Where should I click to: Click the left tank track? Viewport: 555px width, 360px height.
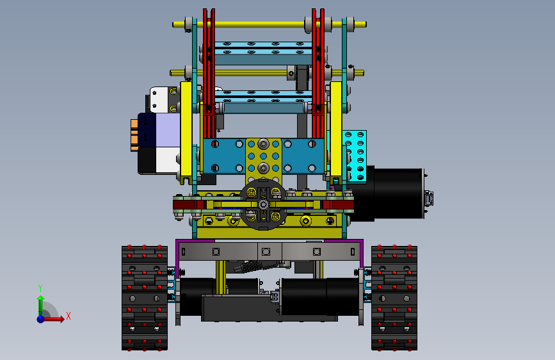(145, 298)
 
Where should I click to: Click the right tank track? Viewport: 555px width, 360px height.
(394, 298)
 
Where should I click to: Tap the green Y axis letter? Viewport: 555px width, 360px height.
(40, 288)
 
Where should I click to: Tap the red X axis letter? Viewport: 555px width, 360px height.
(68, 316)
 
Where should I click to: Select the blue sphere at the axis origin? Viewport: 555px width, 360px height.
(41, 319)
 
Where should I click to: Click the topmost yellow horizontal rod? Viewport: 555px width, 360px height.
(269, 24)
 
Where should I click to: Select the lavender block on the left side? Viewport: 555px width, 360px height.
(168, 129)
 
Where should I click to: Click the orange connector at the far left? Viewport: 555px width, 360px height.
(134, 135)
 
